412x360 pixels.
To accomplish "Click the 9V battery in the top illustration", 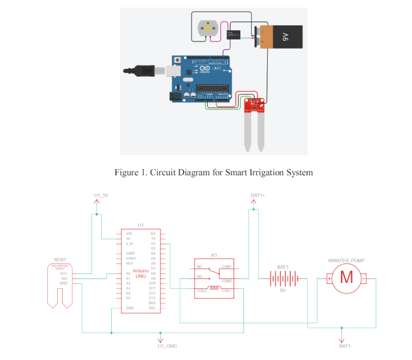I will click(281, 37).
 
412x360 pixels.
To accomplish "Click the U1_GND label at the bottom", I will click(167, 346).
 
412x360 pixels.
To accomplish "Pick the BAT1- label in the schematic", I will click(348, 346).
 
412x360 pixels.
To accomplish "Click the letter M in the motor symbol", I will click(346, 277).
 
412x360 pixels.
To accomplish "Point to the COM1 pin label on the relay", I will click(226, 267).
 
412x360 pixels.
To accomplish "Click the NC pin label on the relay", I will click(199, 267).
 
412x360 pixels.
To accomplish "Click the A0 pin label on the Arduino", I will click(128, 273).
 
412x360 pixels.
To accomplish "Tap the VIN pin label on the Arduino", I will click(128, 234).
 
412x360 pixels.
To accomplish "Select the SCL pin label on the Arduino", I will click(153, 308).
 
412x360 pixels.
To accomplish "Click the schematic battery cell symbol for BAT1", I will click(284, 278).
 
